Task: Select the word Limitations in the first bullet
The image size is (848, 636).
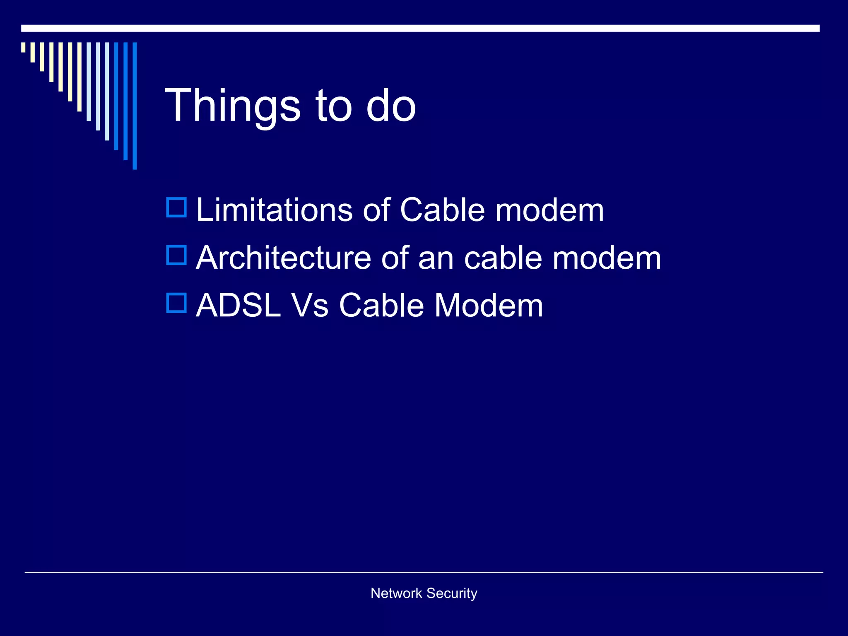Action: tap(274, 210)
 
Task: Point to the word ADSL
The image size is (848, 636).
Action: tap(238, 306)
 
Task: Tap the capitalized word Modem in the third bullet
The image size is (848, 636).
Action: tap(489, 306)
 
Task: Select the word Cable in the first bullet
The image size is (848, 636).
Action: tap(442, 210)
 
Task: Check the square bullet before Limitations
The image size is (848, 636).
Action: tap(177, 207)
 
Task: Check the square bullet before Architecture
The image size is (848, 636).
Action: tap(177, 255)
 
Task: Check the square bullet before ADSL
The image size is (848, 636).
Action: tap(177, 303)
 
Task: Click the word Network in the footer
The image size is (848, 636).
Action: tap(396, 593)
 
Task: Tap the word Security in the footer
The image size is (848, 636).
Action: tap(452, 593)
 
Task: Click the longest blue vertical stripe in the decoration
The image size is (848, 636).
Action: tap(135, 106)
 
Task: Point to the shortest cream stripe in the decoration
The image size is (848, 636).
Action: tap(23, 47)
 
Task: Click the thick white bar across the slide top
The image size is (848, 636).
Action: tap(420, 28)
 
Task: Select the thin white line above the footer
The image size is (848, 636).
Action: tap(424, 572)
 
